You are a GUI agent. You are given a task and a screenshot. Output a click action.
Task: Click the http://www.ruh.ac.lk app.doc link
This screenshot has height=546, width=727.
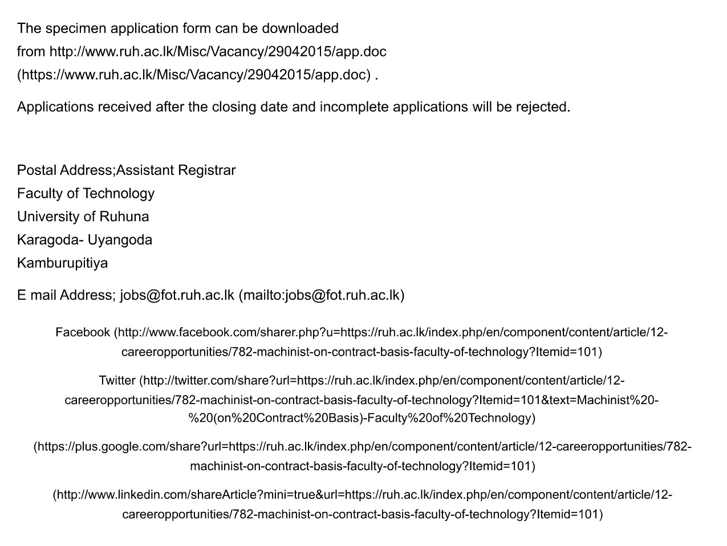pyautogui.click(x=218, y=52)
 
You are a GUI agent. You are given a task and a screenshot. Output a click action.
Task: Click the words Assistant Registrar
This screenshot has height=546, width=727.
pyautogui.click(x=176, y=170)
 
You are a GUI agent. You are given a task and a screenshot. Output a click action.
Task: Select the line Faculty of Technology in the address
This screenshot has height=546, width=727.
pyautogui.click(x=86, y=194)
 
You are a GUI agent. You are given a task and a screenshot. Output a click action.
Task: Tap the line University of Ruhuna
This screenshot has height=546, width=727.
pyautogui.click(x=83, y=217)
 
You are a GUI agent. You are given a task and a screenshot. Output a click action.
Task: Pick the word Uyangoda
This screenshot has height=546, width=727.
pyautogui.click(x=120, y=240)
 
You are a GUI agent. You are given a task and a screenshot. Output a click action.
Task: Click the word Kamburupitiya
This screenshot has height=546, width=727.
pyautogui.click(x=62, y=263)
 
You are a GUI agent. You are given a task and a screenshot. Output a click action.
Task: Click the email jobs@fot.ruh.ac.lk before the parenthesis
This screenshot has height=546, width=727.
pyautogui.click(x=177, y=295)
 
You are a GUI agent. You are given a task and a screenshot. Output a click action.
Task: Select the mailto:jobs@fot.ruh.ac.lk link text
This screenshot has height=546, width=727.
pyautogui.click(x=322, y=295)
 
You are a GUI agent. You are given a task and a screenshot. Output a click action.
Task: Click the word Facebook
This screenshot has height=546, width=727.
pyautogui.click(x=83, y=332)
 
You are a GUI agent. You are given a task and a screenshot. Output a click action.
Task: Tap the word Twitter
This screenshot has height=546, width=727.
pyautogui.click(x=117, y=381)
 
